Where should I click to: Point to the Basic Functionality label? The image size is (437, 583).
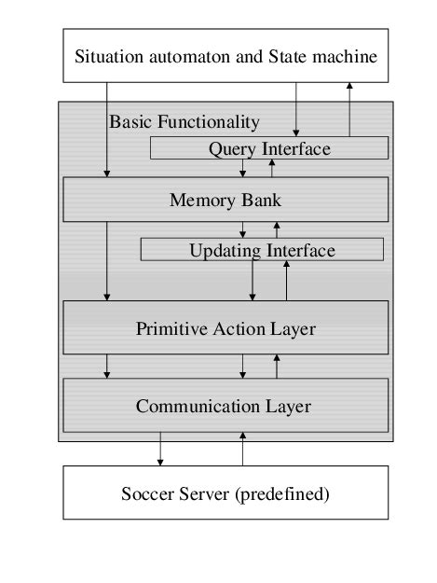tap(184, 122)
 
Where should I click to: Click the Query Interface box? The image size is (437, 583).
tap(268, 148)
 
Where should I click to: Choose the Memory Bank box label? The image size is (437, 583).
tap(225, 200)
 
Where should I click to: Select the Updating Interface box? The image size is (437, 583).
tap(262, 250)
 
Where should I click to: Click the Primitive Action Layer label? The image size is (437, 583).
tap(225, 328)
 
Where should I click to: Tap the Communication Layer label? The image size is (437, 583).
tap(223, 407)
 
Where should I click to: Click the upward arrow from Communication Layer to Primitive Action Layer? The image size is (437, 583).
tap(276, 367)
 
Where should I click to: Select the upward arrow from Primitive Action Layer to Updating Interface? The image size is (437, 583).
tap(286, 280)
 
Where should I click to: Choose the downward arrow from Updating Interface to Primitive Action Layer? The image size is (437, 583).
tap(253, 280)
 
